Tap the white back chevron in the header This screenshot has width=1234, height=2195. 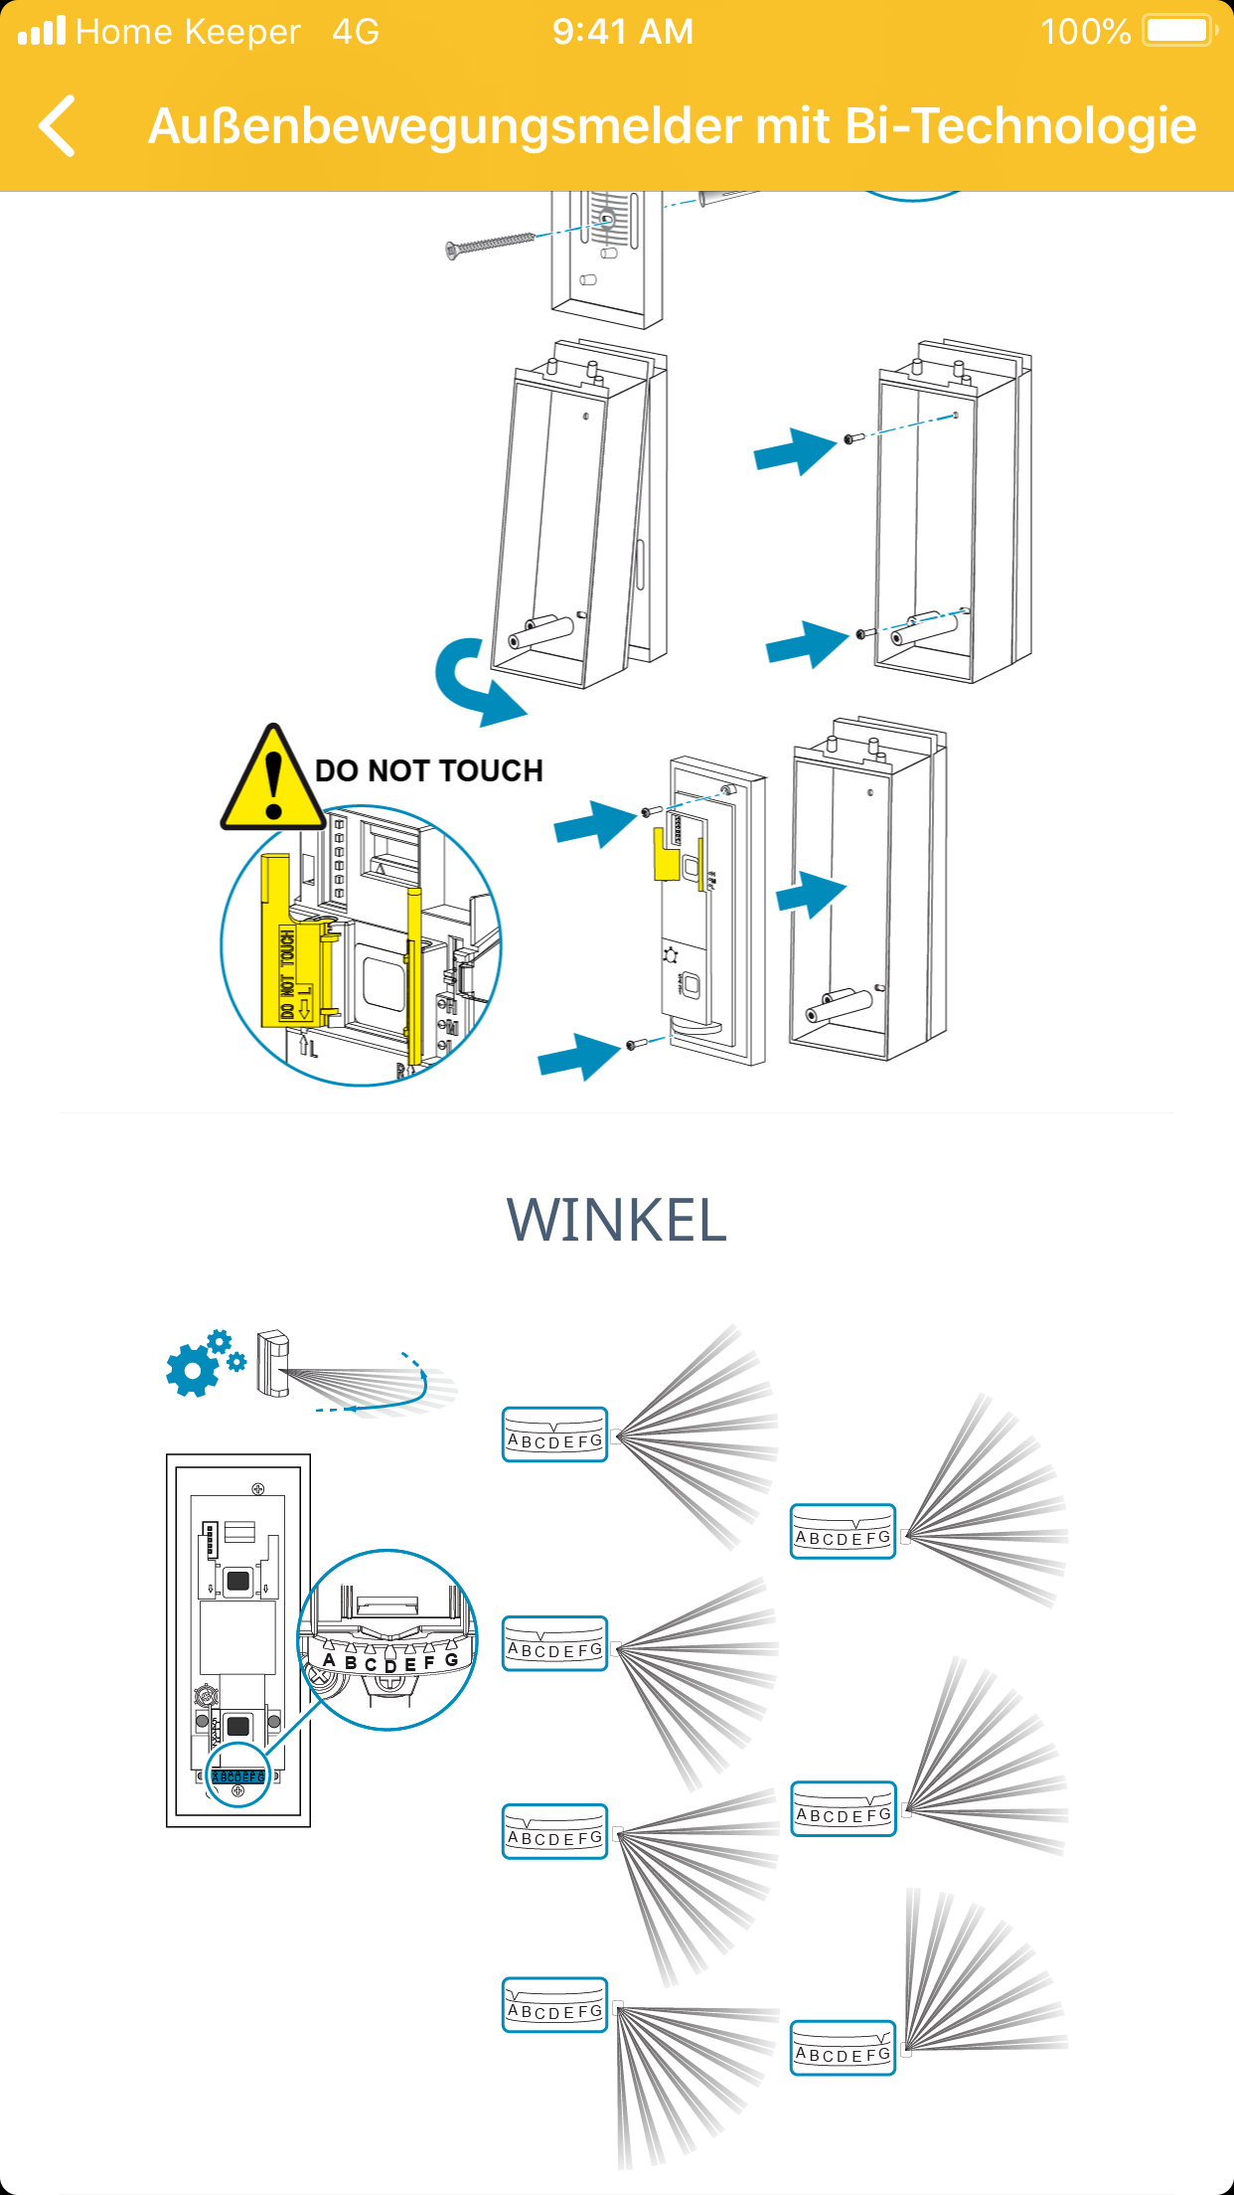click(x=58, y=126)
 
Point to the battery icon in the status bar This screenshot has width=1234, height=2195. click(x=1178, y=31)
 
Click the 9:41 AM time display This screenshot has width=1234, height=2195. click(x=623, y=32)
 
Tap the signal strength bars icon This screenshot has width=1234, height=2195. click(x=42, y=31)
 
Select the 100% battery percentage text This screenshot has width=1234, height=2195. click(x=1085, y=32)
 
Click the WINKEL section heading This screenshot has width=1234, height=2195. click(x=616, y=1220)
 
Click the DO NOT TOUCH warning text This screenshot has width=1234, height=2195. click(x=428, y=770)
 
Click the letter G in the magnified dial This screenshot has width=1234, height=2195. click(x=451, y=1659)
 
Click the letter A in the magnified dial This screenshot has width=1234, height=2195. click(x=329, y=1659)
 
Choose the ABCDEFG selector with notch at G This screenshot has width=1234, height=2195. click(x=843, y=2048)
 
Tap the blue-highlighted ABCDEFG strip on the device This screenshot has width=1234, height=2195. click(x=238, y=1776)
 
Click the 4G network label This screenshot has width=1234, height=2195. click(x=356, y=32)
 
